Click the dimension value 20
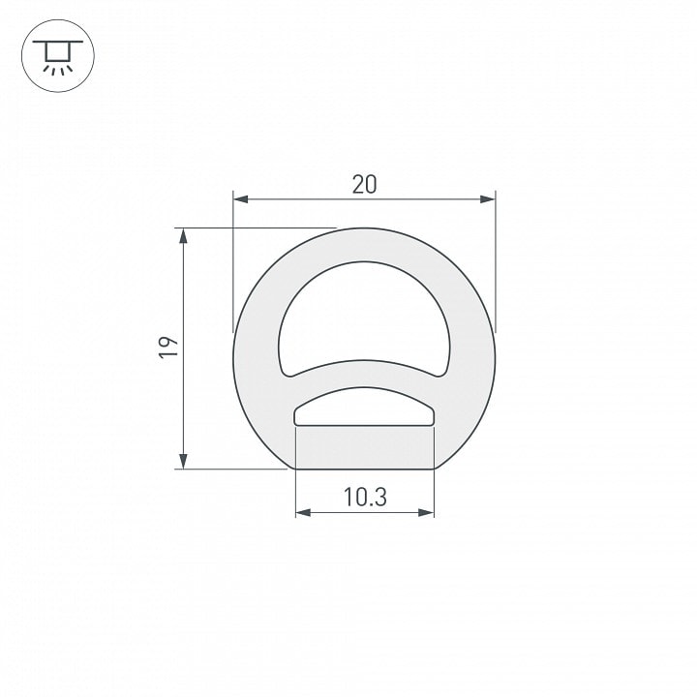click(x=364, y=185)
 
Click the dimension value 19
click(x=168, y=348)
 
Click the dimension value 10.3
click(x=365, y=497)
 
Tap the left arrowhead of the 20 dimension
click(x=240, y=199)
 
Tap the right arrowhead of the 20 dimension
click(x=488, y=199)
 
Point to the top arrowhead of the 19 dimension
click(x=183, y=235)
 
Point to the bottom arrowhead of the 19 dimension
click(x=183, y=462)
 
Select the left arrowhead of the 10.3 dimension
click(x=303, y=513)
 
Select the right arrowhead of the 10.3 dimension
click(x=426, y=513)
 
